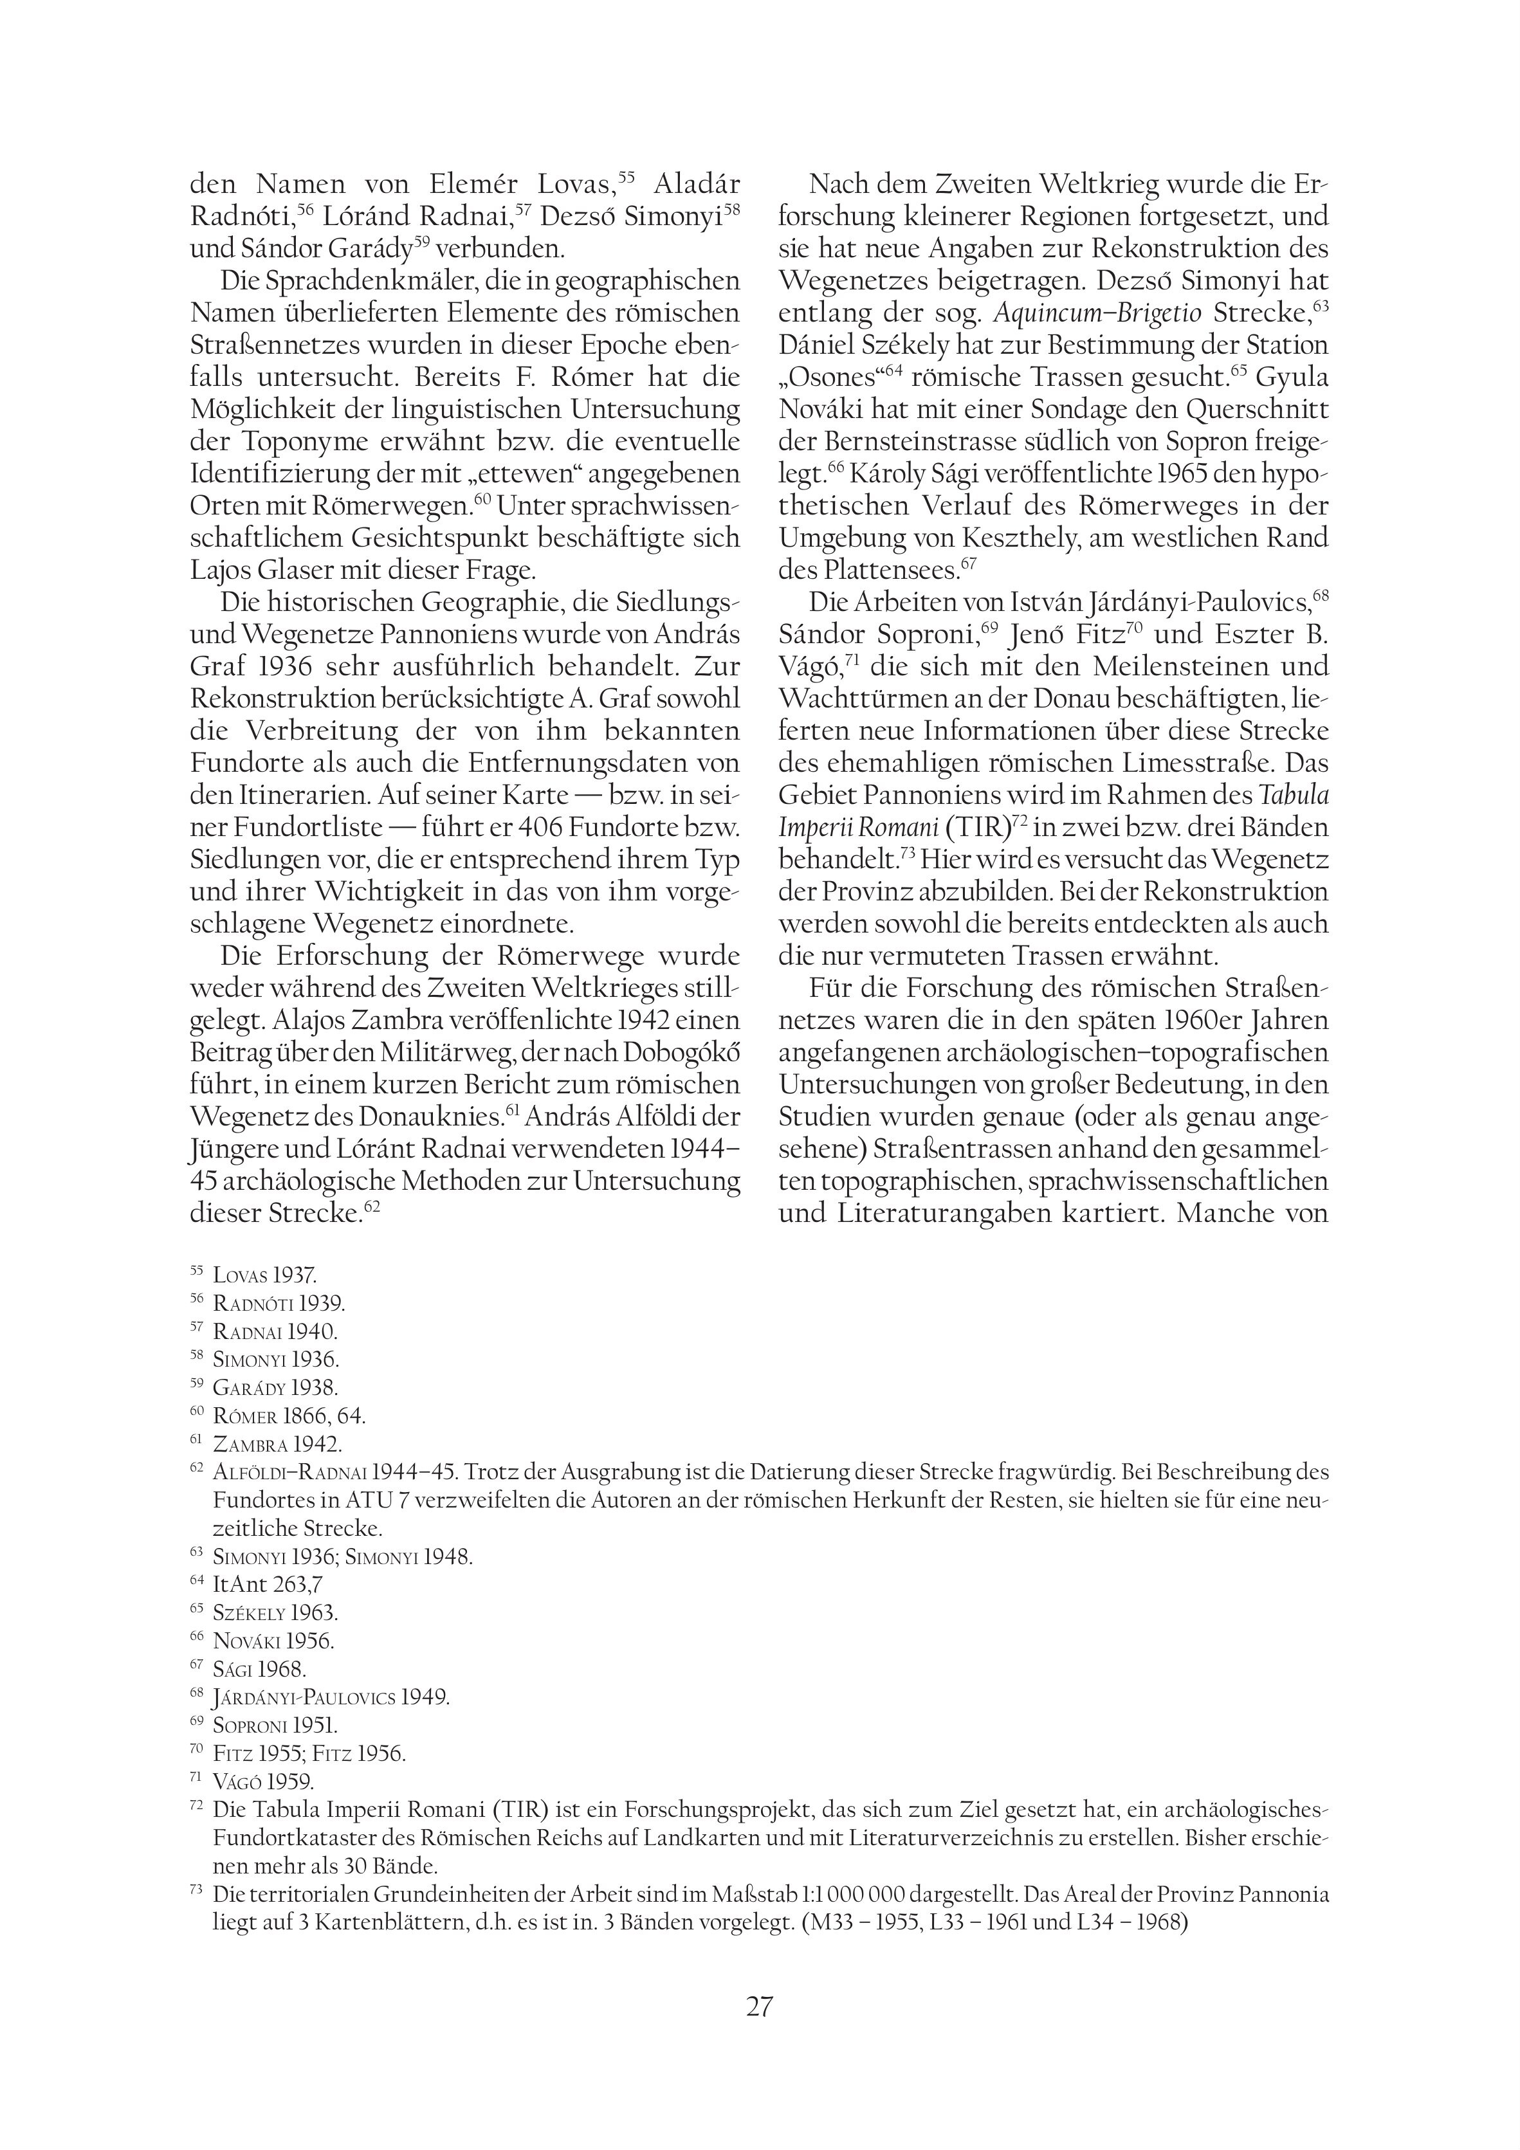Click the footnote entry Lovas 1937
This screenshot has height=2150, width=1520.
[265, 1275]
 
